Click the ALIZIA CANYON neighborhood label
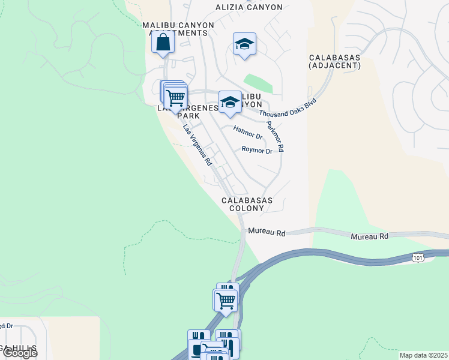[x=249, y=7]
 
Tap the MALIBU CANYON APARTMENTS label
[x=178, y=29]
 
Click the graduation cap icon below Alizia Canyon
[x=244, y=44]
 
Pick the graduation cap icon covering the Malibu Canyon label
[x=229, y=102]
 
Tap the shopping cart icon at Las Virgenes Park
[x=175, y=97]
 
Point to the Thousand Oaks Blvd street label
[x=288, y=107]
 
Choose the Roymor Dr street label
[x=257, y=150]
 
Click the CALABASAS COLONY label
[x=247, y=204]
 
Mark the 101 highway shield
[x=417, y=257]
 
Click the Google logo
[x=19, y=353]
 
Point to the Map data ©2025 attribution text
[x=423, y=355]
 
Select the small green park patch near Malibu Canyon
[x=258, y=83]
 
